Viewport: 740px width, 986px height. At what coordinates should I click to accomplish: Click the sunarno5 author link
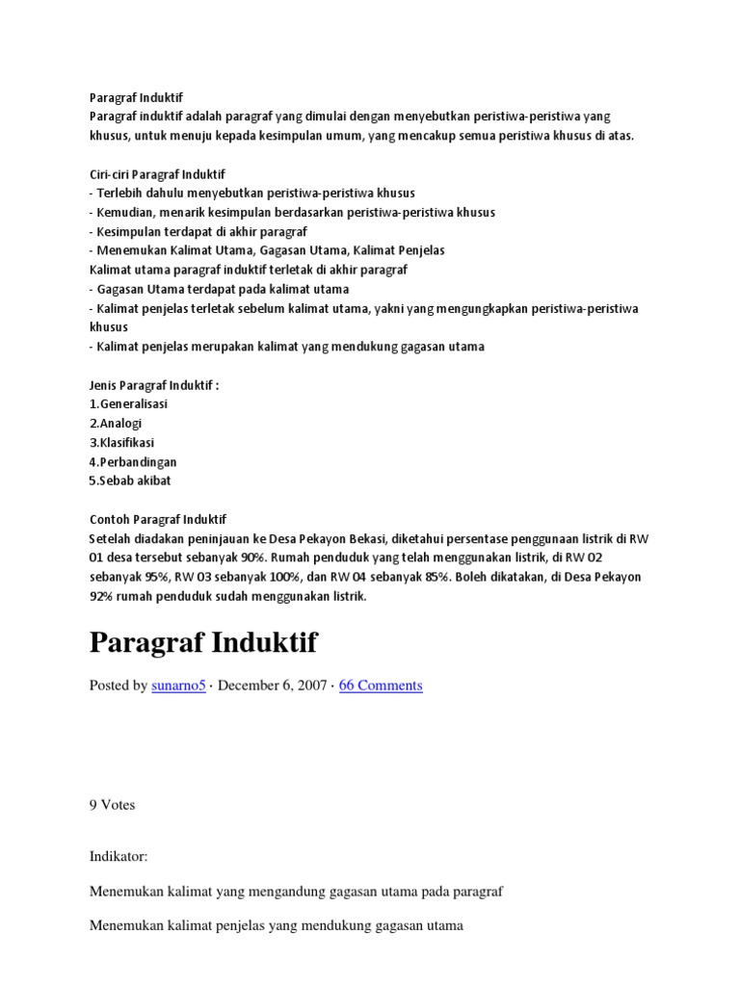pos(178,686)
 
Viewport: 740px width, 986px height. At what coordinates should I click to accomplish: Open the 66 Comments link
pos(381,686)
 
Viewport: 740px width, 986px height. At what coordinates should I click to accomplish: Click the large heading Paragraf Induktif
pos(203,642)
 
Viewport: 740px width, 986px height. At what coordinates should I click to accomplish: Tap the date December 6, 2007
pos(271,686)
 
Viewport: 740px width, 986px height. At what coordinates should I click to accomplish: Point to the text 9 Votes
pos(112,805)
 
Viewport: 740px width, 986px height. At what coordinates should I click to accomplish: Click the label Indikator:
pos(119,854)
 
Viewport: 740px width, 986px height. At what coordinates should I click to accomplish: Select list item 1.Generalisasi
pos(130,403)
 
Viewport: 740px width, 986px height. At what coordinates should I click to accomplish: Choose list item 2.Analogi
pos(116,423)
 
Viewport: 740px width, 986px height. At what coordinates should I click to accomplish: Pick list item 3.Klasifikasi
pos(121,442)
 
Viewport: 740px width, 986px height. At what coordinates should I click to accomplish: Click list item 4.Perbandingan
pos(133,461)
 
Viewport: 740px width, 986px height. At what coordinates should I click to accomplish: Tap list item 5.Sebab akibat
pos(130,480)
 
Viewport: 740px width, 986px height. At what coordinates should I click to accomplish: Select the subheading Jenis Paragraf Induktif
pos(154,385)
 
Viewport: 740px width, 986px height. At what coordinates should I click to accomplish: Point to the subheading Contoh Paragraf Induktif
pos(157,519)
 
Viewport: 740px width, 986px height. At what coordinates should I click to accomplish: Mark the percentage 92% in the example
pos(103,596)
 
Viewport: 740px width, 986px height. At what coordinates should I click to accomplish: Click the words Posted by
pos(119,686)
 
